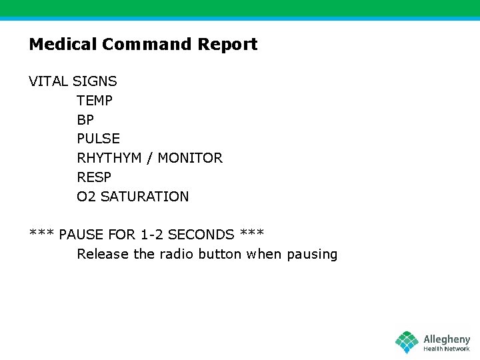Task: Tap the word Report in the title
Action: (x=227, y=45)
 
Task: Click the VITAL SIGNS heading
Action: (x=73, y=81)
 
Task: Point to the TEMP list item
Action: (x=95, y=101)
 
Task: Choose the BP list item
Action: (x=85, y=120)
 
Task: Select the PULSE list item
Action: (x=99, y=139)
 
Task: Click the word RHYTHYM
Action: (x=108, y=158)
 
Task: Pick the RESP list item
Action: (x=94, y=177)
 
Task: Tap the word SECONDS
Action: (x=201, y=235)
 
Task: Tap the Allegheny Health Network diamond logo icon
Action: (x=407, y=342)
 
